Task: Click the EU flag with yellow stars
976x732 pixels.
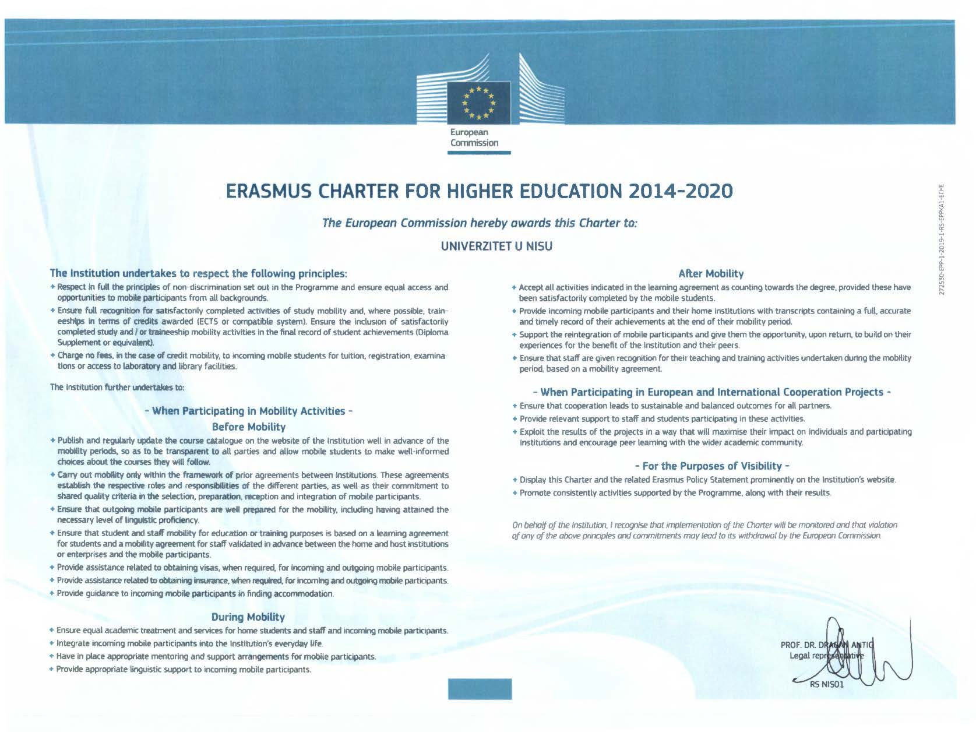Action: point(478,101)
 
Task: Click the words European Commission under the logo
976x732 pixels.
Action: point(474,138)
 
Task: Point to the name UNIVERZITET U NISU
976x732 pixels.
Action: point(496,247)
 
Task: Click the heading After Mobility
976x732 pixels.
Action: point(711,273)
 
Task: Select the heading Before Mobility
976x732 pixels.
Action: point(249,427)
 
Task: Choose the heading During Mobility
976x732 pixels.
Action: point(248,617)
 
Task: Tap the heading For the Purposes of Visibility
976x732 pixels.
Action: point(711,466)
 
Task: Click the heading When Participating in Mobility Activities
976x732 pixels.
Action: point(249,411)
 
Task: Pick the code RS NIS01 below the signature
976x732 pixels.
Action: point(826,684)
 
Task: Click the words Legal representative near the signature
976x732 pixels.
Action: point(826,656)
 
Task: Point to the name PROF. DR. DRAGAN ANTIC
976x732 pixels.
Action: point(827,645)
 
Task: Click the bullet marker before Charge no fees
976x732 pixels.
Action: point(53,355)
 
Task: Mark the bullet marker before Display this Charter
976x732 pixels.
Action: point(515,480)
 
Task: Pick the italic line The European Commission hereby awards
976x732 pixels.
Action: point(480,223)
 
